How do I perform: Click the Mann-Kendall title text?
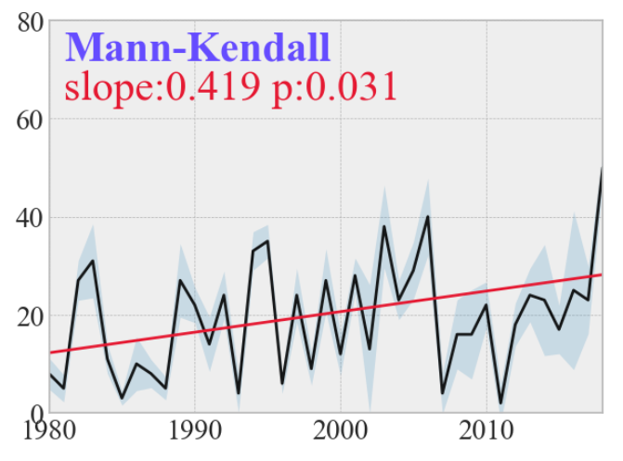click(x=197, y=46)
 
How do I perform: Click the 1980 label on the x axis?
click(x=49, y=433)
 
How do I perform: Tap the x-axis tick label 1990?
click(x=195, y=433)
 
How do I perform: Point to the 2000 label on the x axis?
click(x=341, y=433)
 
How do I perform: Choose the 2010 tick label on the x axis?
click(x=487, y=433)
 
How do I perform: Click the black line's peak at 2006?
click(x=428, y=216)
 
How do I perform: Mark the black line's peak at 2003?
click(x=384, y=226)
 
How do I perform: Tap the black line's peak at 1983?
click(x=93, y=261)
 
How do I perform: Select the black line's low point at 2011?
click(x=501, y=403)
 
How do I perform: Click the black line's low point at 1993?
click(x=239, y=394)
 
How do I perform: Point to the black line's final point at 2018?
click(x=603, y=169)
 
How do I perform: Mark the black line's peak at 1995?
click(x=267, y=241)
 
